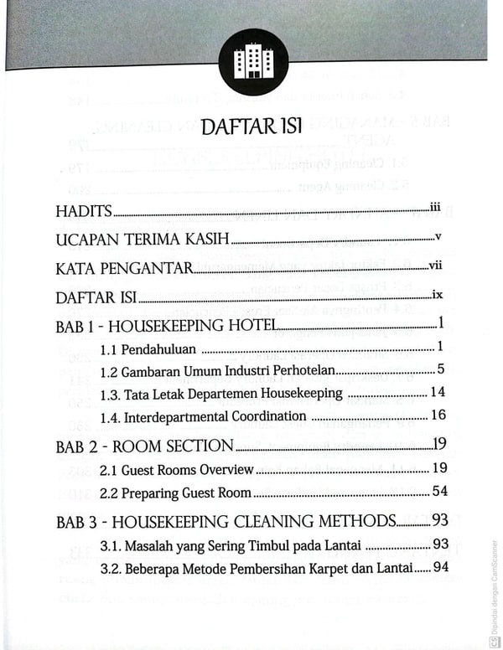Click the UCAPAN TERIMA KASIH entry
(142, 240)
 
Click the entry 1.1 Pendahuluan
(147, 348)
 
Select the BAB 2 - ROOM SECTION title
(143, 446)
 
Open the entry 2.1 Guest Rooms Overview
(176, 470)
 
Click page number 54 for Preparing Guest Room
(438, 492)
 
